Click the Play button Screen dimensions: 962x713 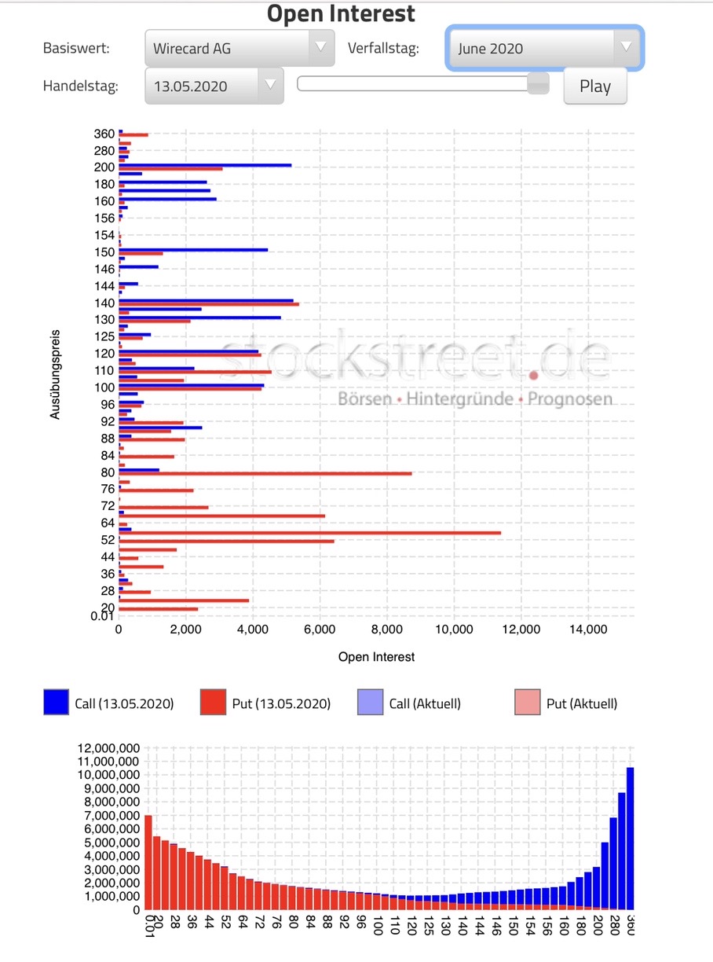pos(595,86)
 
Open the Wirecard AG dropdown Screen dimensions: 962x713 pos(239,48)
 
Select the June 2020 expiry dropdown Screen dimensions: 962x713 pos(545,48)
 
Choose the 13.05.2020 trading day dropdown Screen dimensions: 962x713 pos(214,86)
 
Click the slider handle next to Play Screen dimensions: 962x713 pos(538,84)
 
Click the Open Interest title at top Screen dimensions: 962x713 pos(341,13)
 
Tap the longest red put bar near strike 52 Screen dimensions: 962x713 pos(309,533)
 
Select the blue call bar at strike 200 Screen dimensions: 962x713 pos(205,165)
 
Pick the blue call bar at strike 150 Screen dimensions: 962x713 pos(193,250)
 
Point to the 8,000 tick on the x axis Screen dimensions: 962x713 pos(386,629)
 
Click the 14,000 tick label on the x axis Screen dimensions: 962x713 pos(587,629)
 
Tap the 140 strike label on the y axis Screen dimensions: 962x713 pos(104,303)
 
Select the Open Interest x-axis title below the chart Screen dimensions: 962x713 pos(376,656)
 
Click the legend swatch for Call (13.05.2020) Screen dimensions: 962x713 pos(56,702)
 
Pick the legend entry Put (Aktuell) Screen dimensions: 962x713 pos(581,703)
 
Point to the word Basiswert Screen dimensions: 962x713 pos(76,48)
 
